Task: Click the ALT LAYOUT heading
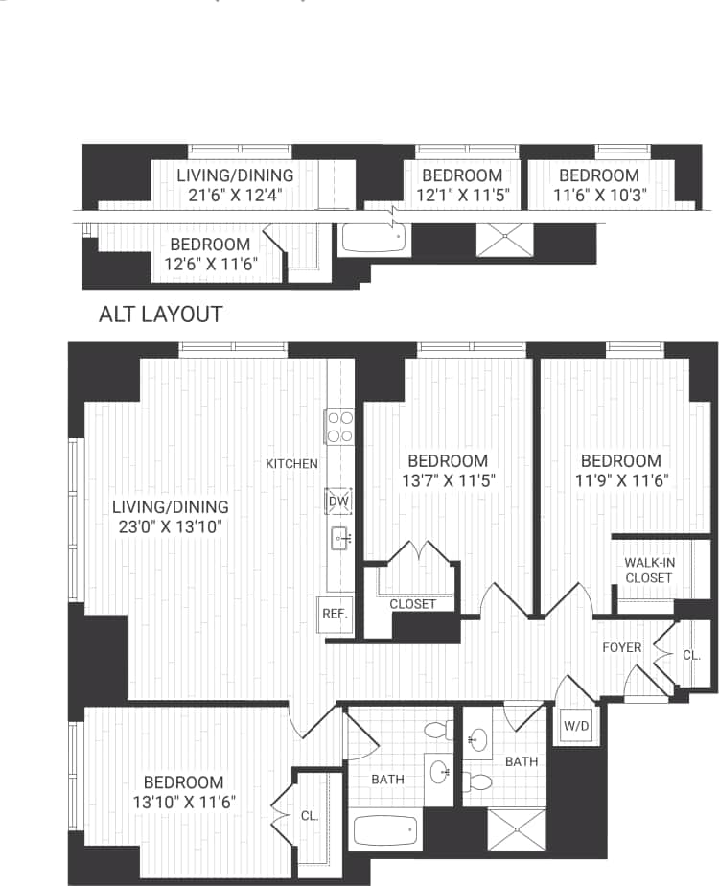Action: pyautogui.click(x=161, y=315)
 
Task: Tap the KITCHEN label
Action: pyautogui.click(x=291, y=464)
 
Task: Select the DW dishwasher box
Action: pyautogui.click(x=338, y=501)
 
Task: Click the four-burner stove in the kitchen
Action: pyautogui.click(x=338, y=427)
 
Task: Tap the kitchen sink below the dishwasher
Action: pyautogui.click(x=339, y=538)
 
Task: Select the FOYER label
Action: pyautogui.click(x=621, y=648)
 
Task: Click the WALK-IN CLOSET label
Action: pyautogui.click(x=648, y=571)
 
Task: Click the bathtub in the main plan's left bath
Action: pyautogui.click(x=385, y=828)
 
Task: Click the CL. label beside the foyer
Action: pyautogui.click(x=692, y=657)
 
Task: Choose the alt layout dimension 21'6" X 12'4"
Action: pyautogui.click(x=235, y=196)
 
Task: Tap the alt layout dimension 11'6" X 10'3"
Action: pyautogui.click(x=599, y=196)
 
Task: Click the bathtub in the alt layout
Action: pyautogui.click(x=374, y=238)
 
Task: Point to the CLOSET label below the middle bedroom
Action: pyautogui.click(x=413, y=604)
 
